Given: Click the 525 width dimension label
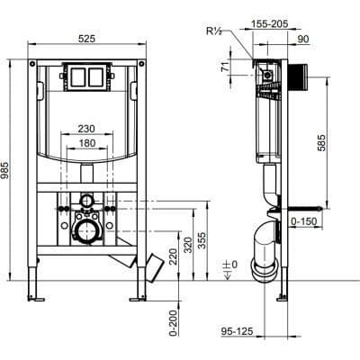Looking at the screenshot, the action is pos(86,39).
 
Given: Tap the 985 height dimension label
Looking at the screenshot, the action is pos(5,171).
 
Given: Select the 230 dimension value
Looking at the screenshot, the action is pos(86,129).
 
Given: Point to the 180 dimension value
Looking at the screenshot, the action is pos(87,143).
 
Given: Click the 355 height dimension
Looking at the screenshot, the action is pos(202,240).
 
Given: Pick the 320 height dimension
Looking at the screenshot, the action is pos(188,245).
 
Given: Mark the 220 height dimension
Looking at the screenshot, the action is pos(173,256).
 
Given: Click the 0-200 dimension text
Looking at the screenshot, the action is pos(173,323).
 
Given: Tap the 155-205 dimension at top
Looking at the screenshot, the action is pos(269,23).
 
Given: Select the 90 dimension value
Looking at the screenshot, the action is pos(303,39).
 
